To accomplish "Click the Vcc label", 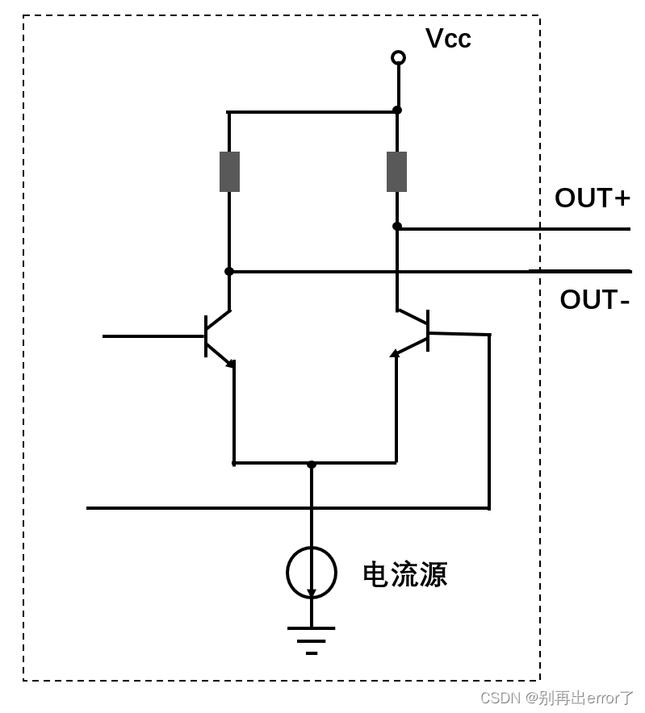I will coord(448,39).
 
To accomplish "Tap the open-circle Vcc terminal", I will coord(398,57).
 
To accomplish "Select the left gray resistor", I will coord(229,172).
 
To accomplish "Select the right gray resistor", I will coord(396,172).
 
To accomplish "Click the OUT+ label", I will coord(592,198).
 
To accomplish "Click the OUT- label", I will coord(594,299).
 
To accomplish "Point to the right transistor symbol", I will coord(415,331).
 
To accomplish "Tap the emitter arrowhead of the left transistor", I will coord(230,363).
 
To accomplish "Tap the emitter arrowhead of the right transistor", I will coord(395,352).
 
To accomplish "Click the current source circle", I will coord(312,573).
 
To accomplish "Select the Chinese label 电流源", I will coord(404,575).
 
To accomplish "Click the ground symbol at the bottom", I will coord(312,640).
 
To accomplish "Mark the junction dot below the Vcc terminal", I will coord(397,110).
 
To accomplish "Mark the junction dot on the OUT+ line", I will coord(397,227).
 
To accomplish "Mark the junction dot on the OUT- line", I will coord(229,271).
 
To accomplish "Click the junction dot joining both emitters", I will coord(312,464).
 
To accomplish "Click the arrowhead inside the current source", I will coord(312,593).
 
